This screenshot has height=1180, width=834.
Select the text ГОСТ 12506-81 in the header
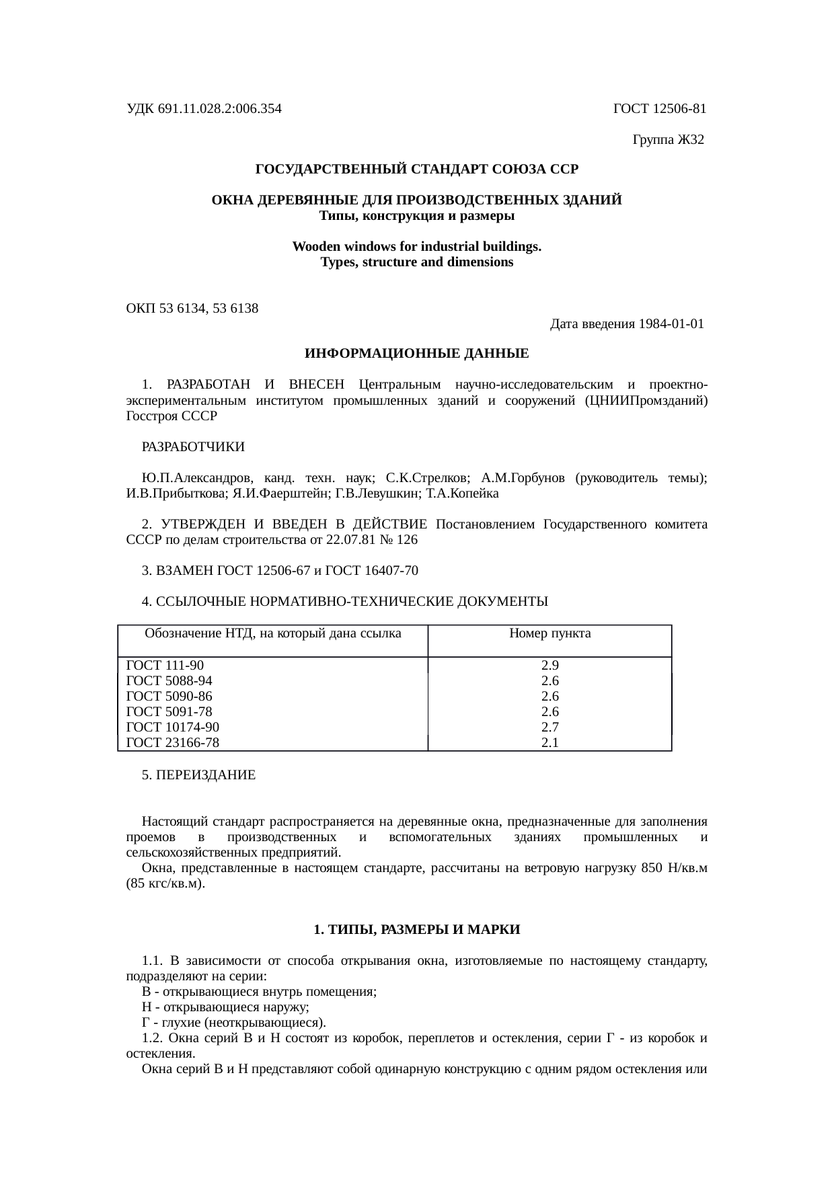pyautogui.click(x=659, y=108)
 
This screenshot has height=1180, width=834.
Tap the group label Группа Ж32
pyautogui.click(x=668, y=140)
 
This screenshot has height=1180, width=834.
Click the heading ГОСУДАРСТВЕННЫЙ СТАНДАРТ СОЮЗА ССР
pyautogui.click(x=416, y=169)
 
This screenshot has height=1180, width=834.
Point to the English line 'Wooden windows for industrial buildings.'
pyautogui.click(x=416, y=247)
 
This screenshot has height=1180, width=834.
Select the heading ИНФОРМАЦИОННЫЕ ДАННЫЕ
pyautogui.click(x=416, y=354)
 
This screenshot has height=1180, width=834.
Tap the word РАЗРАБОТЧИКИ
pyautogui.click(x=193, y=447)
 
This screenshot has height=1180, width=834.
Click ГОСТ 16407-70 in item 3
pyautogui.click(x=371, y=571)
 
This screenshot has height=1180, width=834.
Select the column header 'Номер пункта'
pyautogui.click(x=549, y=633)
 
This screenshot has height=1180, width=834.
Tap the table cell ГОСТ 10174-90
pyautogui.click(x=172, y=727)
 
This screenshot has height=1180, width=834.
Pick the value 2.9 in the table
pyautogui.click(x=549, y=666)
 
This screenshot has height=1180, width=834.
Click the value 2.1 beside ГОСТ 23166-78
pyautogui.click(x=549, y=742)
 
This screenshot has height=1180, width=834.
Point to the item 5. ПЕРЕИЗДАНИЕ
pyautogui.click(x=198, y=775)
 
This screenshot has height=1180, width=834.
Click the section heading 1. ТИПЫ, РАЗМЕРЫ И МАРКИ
pyautogui.click(x=416, y=930)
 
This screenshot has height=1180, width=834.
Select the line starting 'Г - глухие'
pyautogui.click(x=233, y=1023)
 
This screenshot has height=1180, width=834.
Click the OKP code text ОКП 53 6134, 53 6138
pyautogui.click(x=192, y=309)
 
